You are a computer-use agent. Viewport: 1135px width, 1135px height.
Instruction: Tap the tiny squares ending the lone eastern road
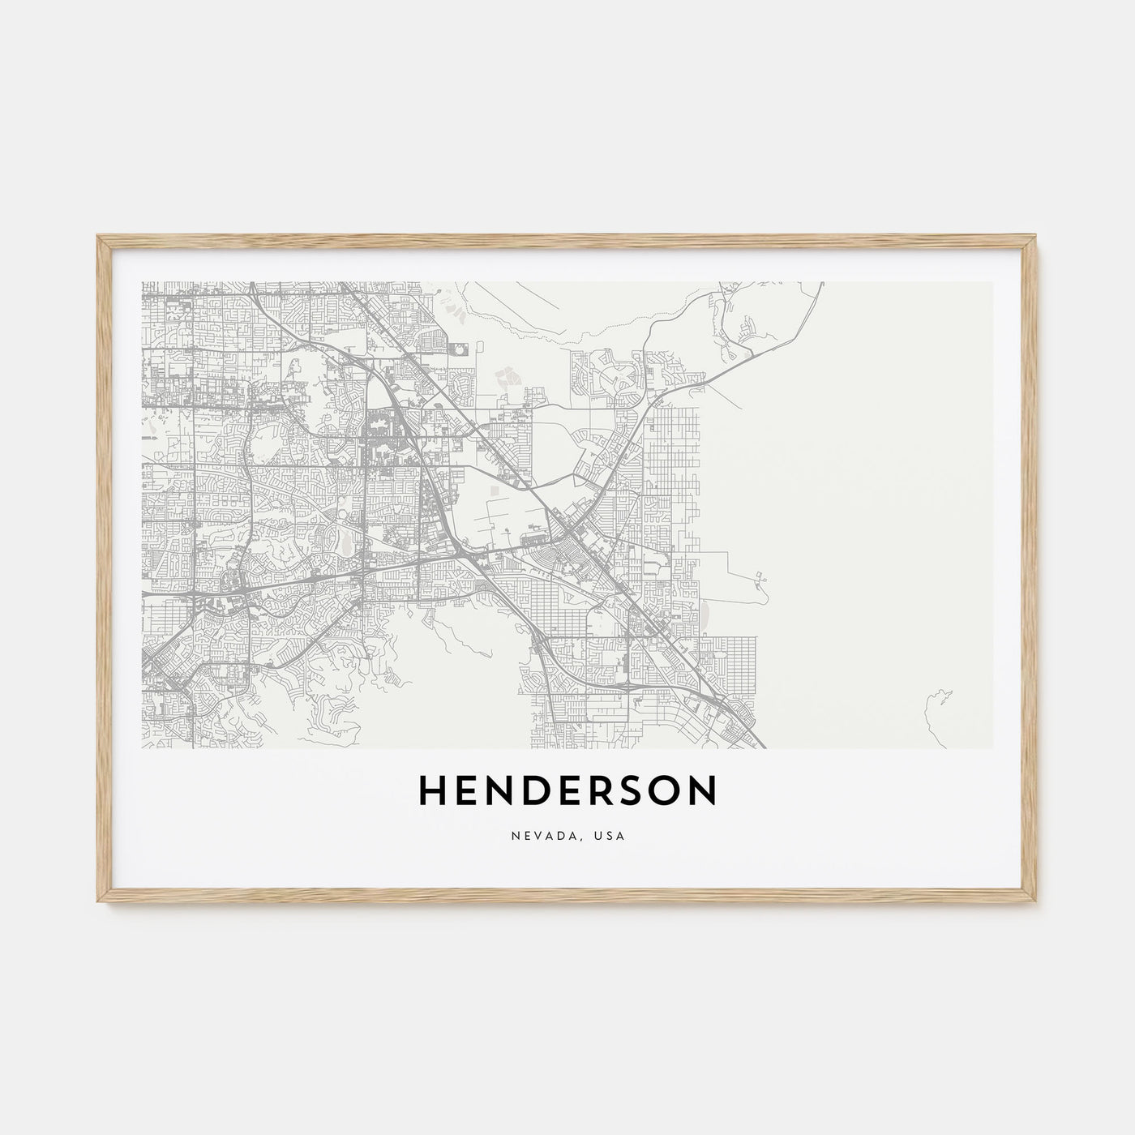coord(761,577)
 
